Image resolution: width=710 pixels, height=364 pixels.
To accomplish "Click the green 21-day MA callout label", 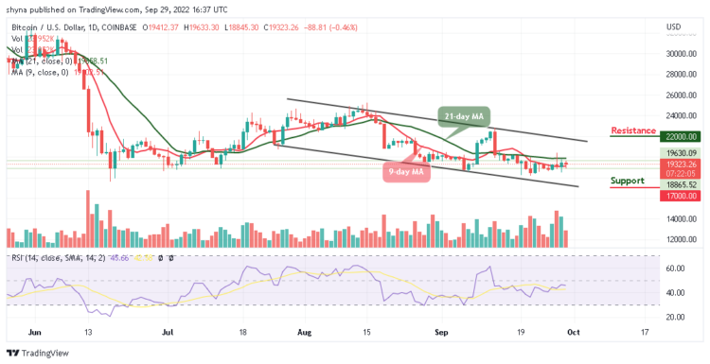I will click(467, 115).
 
